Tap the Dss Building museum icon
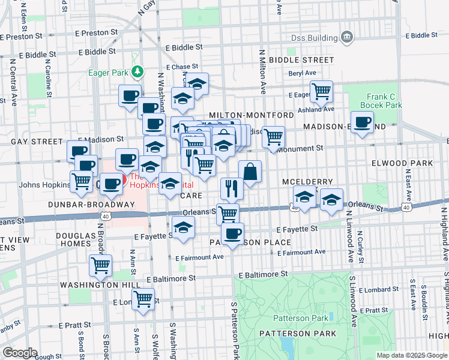[x=346, y=38]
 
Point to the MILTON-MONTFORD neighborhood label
[x=252, y=115]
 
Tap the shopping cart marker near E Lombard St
[x=143, y=298]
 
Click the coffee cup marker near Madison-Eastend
[x=362, y=123]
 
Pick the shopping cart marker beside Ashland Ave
[x=322, y=91]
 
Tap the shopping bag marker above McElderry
[x=250, y=171]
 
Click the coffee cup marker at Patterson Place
[x=232, y=233]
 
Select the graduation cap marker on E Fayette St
[x=183, y=227]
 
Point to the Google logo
[x=20, y=353]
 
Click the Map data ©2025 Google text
[x=411, y=355]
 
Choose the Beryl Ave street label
[x=302, y=73]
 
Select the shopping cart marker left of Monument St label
[x=273, y=137]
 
